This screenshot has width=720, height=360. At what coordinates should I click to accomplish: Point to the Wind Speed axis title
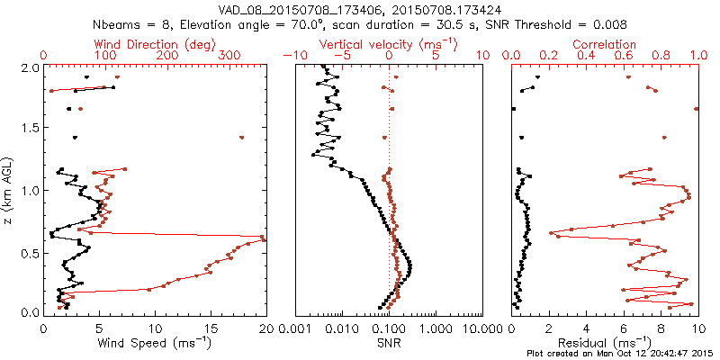(x=157, y=341)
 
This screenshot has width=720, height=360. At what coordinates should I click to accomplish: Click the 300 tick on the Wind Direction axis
(x=229, y=56)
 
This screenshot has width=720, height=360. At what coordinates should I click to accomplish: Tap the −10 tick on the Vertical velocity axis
(x=293, y=56)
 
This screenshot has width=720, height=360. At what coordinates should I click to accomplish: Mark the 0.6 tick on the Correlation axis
(x=624, y=56)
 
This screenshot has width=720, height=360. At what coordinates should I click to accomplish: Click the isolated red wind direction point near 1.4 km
(x=242, y=138)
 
